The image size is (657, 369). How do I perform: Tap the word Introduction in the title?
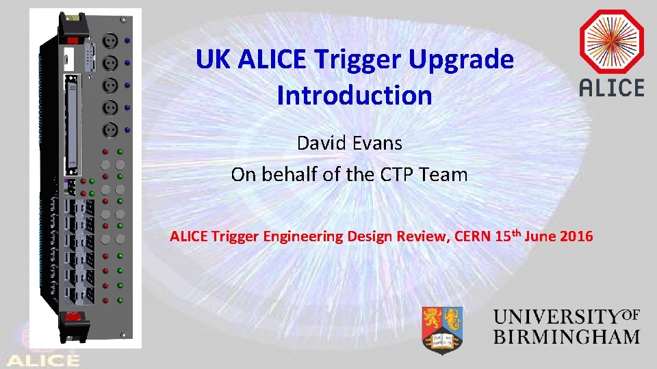355,95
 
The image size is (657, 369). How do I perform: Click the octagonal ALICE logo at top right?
611,43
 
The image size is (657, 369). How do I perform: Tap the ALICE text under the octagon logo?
611,87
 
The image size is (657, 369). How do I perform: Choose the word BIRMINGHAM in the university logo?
567,337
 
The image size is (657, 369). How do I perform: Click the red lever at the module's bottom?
73,317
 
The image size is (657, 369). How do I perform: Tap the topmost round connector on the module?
110,42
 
